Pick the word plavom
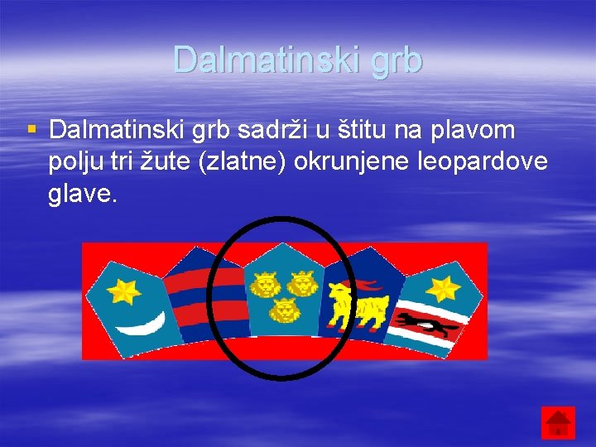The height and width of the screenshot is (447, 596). [476, 130]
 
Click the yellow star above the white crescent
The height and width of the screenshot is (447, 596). [127, 291]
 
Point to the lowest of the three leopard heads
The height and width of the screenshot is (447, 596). [285, 311]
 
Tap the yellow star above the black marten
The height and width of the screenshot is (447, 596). [442, 288]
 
